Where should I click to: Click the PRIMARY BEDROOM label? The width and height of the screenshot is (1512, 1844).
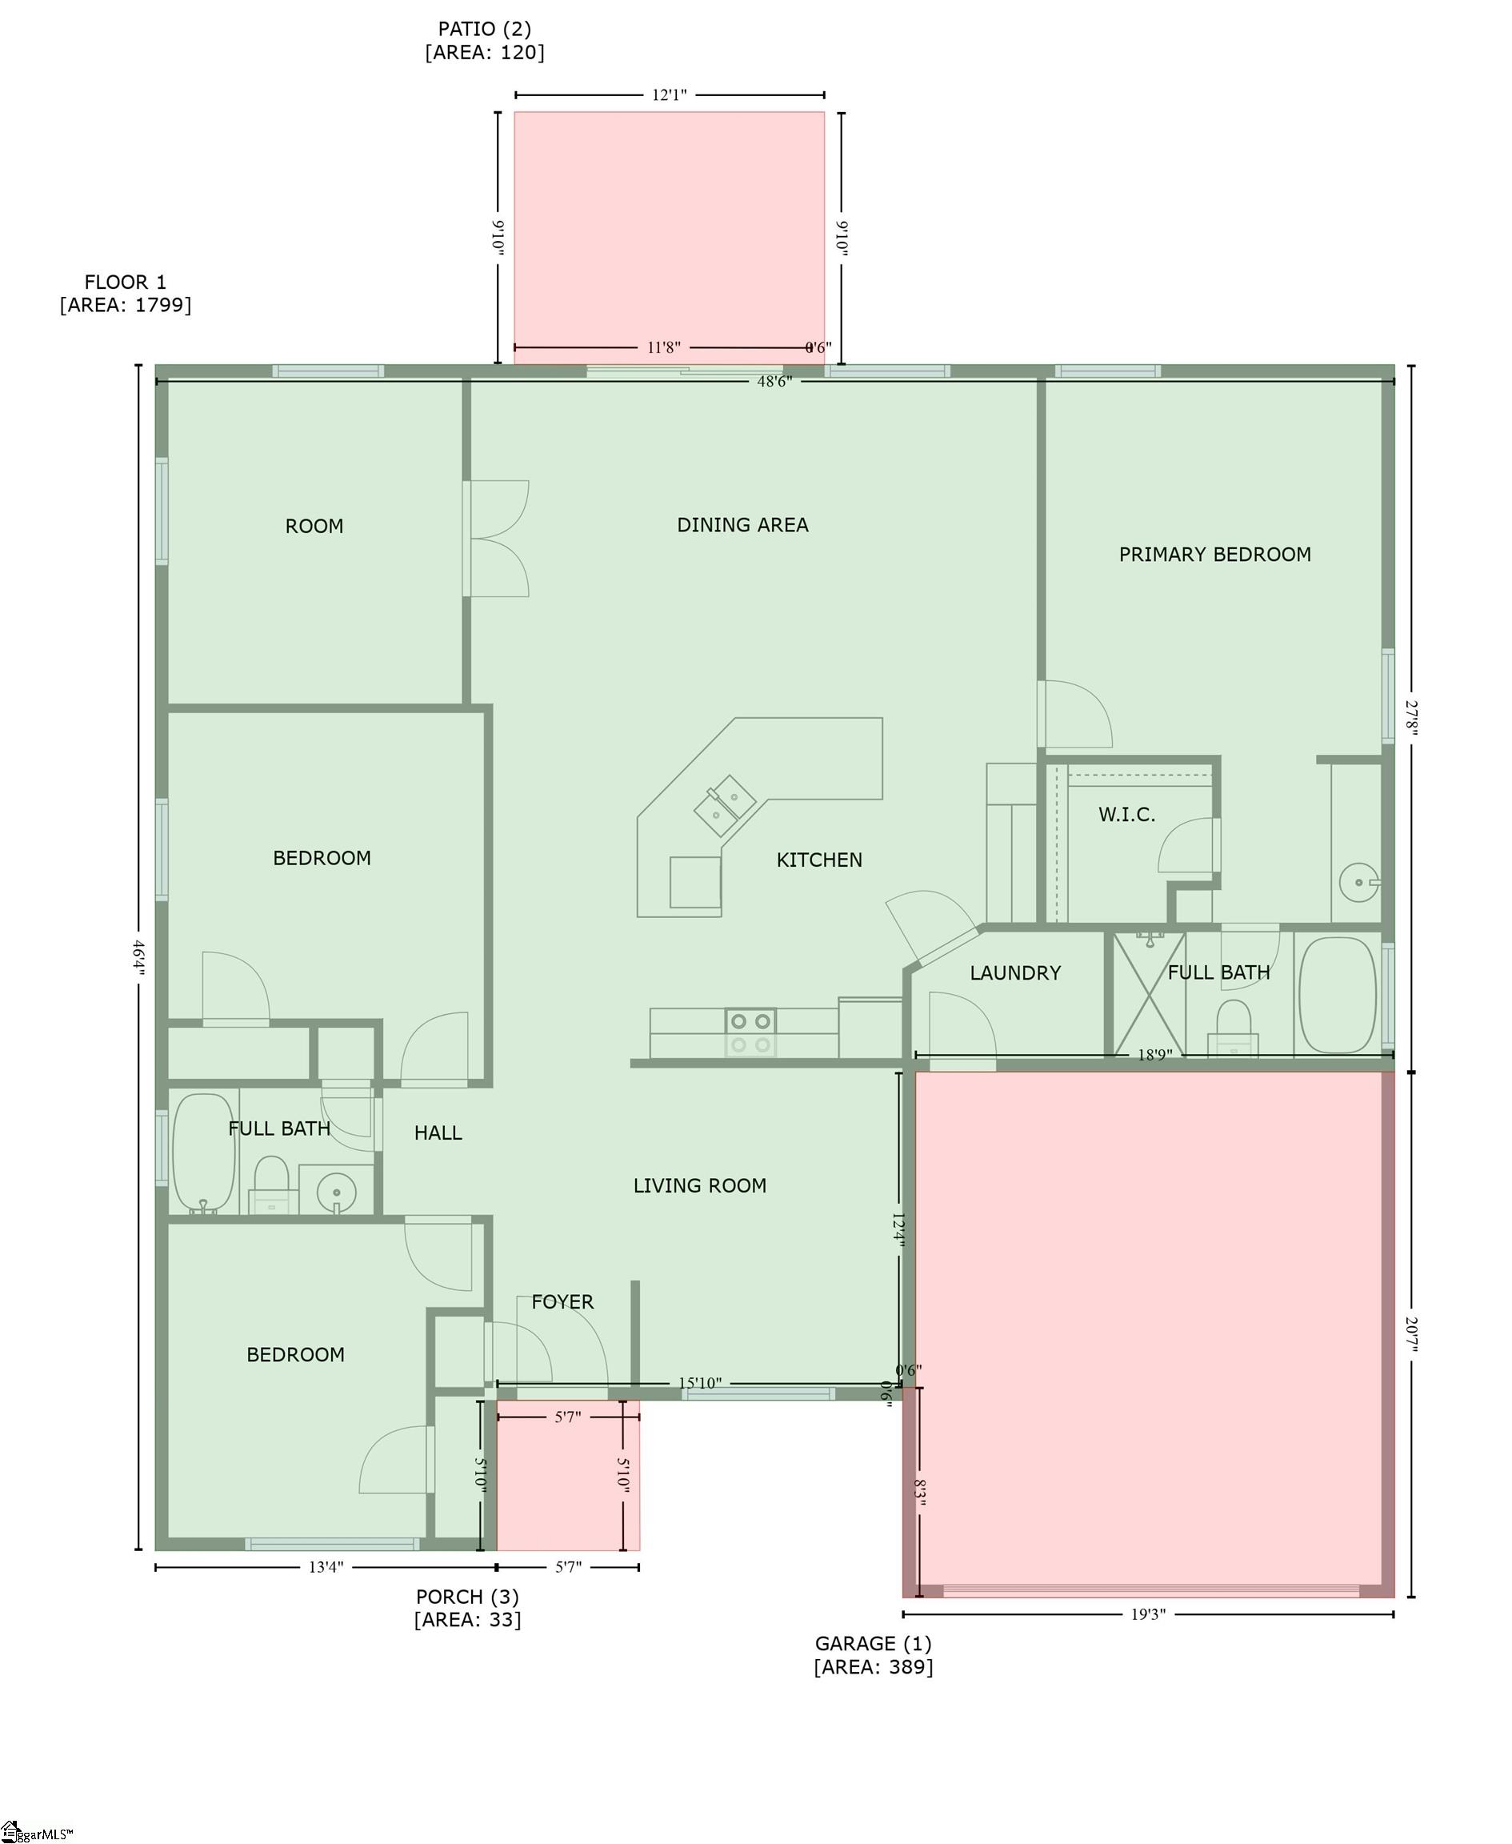point(1214,555)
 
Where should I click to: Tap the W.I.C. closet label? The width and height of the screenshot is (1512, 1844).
point(1126,815)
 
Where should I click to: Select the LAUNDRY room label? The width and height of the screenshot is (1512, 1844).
point(1014,972)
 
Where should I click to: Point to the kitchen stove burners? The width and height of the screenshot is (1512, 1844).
point(750,1032)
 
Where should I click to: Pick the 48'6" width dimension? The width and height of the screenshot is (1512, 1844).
point(774,382)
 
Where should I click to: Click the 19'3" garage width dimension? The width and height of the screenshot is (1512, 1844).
point(1147,1614)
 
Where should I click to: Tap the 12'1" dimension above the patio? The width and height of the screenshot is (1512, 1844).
point(669,95)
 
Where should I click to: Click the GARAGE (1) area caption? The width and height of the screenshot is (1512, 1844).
point(873,1655)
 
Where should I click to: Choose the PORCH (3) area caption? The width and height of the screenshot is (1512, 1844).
point(467,1608)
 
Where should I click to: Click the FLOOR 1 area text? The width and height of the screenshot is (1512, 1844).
point(126,293)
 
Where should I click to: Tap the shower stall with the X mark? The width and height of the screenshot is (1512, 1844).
point(1149,994)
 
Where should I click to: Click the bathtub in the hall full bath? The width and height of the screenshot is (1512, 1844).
point(205,1154)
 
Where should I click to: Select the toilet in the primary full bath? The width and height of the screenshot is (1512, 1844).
point(1233,1028)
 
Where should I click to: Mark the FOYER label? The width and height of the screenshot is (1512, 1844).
point(562,1302)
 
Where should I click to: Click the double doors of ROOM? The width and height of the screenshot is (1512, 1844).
point(498,539)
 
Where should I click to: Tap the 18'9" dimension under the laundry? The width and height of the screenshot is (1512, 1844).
point(1154,1056)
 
